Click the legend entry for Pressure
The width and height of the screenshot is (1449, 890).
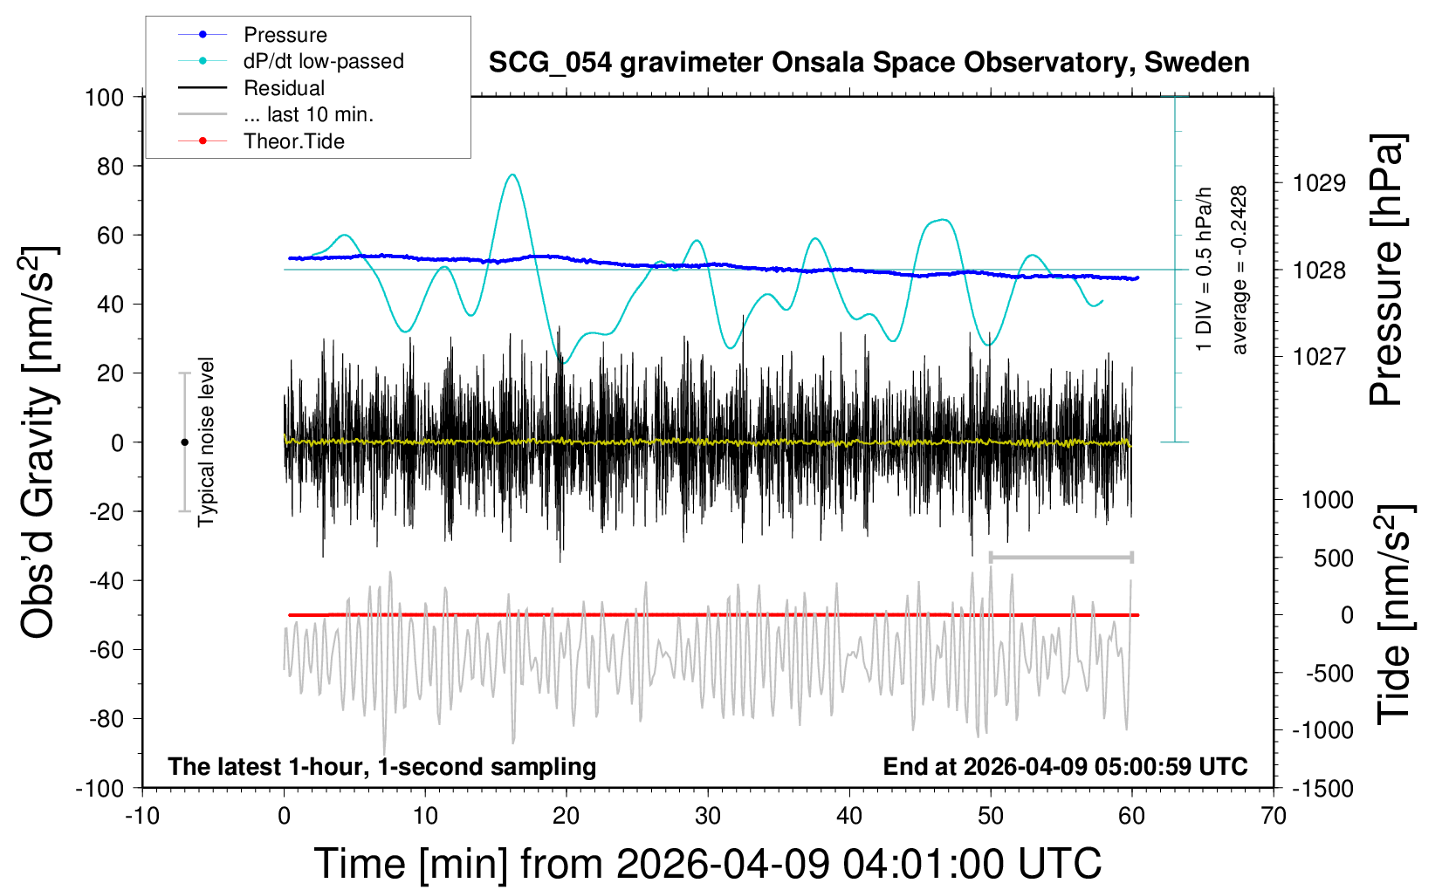coord(285,35)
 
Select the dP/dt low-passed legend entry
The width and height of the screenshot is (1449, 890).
coord(323,61)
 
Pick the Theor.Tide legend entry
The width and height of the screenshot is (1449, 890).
coord(293,141)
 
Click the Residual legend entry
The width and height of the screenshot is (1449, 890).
coord(284,88)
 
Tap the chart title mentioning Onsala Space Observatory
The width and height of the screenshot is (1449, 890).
coord(869,63)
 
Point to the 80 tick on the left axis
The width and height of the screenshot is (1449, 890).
coord(111,166)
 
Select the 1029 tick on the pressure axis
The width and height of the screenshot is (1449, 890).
coord(1319,183)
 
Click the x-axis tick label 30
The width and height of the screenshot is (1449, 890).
coord(708,817)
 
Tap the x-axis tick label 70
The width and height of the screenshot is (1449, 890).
coord(1274,817)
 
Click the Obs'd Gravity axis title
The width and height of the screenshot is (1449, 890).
coord(38,442)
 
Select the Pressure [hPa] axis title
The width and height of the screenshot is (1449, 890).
coord(1386,270)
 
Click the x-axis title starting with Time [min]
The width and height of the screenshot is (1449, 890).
coord(708,864)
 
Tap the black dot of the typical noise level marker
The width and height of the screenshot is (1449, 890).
coord(184,442)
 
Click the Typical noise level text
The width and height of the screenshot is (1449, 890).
coord(206,442)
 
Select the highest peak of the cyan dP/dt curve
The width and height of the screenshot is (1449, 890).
coord(512,175)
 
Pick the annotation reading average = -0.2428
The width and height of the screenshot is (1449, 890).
coord(1240,270)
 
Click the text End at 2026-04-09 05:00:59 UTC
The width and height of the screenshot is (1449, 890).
coord(1065,767)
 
